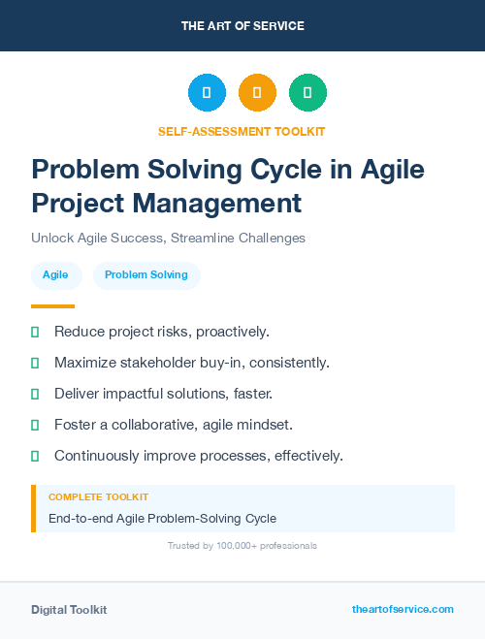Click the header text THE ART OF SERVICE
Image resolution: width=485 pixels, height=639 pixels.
tap(242, 26)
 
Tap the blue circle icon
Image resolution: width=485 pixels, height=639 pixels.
tap(207, 93)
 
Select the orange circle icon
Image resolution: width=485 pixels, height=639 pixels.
tap(257, 93)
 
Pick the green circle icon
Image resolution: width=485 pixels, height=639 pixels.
tap(307, 93)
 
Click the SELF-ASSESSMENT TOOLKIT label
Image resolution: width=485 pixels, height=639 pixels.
tap(242, 131)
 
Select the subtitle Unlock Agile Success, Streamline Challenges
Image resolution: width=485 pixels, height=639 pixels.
tap(168, 238)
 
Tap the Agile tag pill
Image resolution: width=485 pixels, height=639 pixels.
tap(55, 275)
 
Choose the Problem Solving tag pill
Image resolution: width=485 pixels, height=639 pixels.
tap(146, 275)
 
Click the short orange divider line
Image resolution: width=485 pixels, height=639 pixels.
tap(52, 306)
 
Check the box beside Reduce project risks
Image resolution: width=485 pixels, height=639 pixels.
tap(35, 333)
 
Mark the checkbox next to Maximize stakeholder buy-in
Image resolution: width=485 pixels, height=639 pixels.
tap(35, 364)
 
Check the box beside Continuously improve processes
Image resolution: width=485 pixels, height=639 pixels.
tap(35, 456)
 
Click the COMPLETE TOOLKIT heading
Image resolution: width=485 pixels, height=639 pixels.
tap(98, 496)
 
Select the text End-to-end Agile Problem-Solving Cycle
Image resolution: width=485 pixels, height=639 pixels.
tap(162, 519)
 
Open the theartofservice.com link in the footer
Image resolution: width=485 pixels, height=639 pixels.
tap(403, 609)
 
